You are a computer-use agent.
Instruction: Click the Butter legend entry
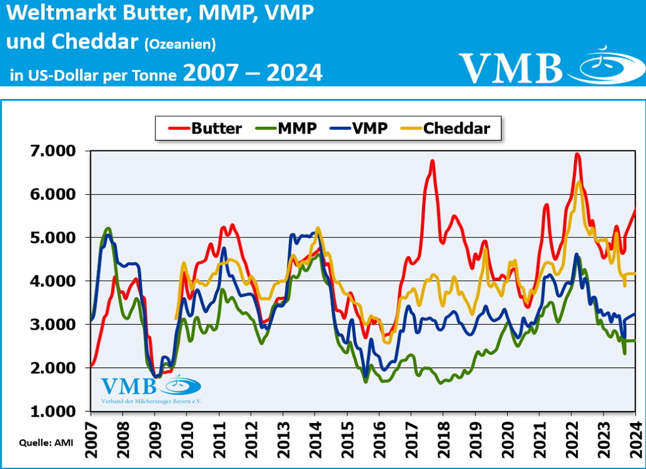click(205, 128)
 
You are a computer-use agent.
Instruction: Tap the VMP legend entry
click(359, 128)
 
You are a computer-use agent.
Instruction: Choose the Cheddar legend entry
click(446, 128)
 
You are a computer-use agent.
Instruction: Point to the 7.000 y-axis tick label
click(53, 151)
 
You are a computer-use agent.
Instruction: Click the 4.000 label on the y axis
click(53, 281)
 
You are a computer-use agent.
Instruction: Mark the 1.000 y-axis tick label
click(53, 411)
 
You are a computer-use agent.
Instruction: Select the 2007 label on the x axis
click(91, 440)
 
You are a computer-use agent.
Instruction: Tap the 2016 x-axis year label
click(379, 440)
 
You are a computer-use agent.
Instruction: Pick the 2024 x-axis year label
click(636, 440)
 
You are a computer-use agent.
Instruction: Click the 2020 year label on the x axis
click(507, 440)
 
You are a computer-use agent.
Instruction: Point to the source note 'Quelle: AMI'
click(46, 443)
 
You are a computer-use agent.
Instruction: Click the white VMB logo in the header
click(551, 67)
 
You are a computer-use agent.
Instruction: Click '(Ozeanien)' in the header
click(180, 44)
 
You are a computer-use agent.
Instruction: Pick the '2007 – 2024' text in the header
click(253, 73)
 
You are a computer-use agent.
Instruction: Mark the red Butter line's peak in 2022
click(577, 154)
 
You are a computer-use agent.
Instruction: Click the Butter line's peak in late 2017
click(432, 161)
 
